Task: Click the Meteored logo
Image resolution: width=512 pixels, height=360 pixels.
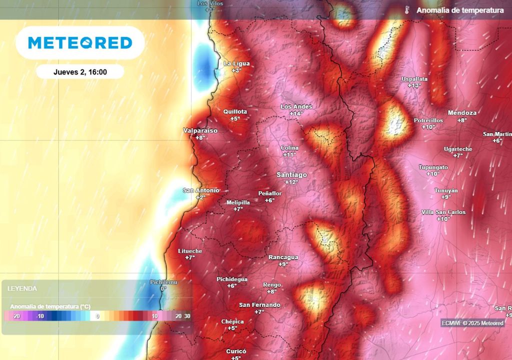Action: (x=80, y=43)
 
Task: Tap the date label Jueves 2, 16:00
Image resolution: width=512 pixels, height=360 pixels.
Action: (x=80, y=72)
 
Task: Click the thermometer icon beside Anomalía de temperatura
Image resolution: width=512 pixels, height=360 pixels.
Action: (x=407, y=10)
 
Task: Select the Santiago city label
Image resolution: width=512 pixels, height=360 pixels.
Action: (x=292, y=174)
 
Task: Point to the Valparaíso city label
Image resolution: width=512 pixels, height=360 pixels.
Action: (x=200, y=130)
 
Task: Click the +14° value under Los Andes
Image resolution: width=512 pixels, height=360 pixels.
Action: (x=296, y=113)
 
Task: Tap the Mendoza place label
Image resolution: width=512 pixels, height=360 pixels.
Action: (x=462, y=112)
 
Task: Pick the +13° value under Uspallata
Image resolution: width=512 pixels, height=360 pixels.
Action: (x=414, y=85)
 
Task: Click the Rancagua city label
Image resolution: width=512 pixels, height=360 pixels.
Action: (x=283, y=257)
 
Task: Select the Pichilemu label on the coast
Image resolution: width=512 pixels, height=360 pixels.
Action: (x=163, y=282)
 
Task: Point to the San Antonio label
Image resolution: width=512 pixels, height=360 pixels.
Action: (x=200, y=190)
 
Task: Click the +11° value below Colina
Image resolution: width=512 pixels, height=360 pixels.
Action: (x=289, y=154)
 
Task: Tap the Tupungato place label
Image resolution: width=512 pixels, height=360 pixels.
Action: (x=433, y=167)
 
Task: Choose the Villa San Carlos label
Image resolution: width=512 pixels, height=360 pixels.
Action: (x=443, y=212)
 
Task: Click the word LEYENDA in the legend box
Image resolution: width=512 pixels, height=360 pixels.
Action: (x=21, y=288)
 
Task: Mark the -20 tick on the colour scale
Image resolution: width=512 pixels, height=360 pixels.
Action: (x=16, y=316)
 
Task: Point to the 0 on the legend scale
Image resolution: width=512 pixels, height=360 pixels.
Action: (x=98, y=316)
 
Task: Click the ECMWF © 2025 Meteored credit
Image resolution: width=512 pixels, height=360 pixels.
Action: (x=472, y=323)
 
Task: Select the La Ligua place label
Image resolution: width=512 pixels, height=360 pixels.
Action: (x=236, y=63)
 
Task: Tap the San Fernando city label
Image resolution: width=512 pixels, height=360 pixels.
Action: (x=259, y=305)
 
